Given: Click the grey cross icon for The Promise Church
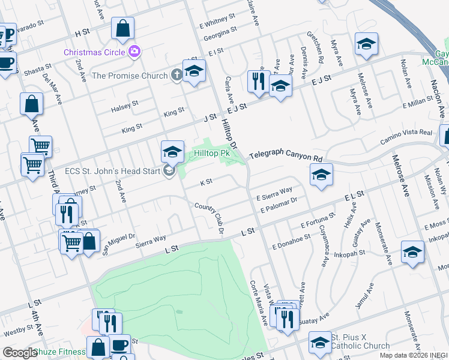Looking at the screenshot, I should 176,76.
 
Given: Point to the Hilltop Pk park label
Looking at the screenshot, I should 212,154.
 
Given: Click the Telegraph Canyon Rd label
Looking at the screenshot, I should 286,155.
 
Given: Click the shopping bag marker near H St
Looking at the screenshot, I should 122,28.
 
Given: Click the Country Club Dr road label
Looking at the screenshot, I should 209,218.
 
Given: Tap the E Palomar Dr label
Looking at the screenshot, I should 280,204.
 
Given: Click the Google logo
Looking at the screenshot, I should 20,353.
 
